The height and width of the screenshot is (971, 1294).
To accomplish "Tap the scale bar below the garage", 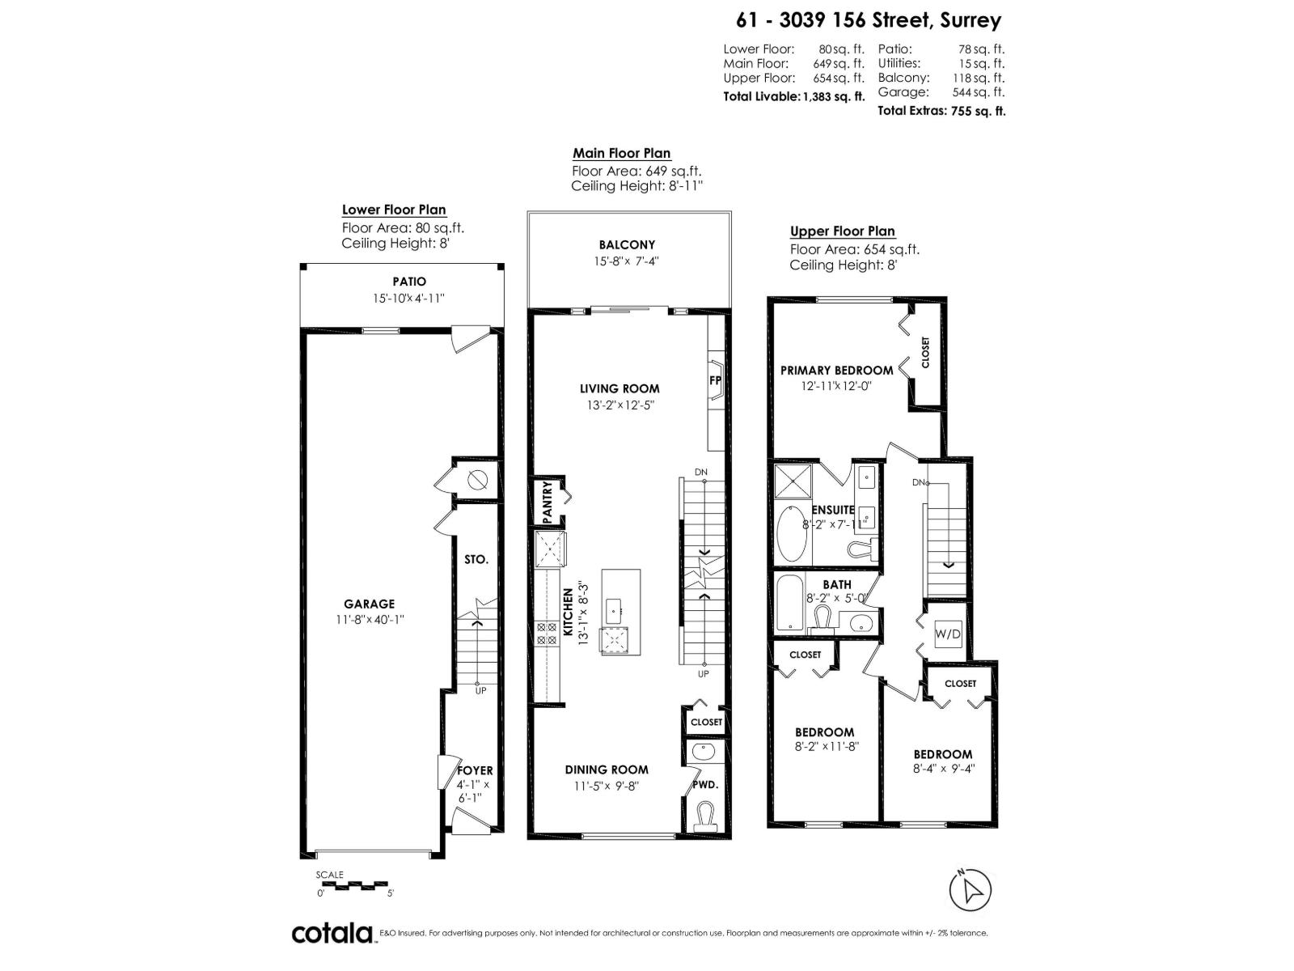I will point(354,885).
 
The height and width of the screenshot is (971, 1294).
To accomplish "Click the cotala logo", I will point(332,933).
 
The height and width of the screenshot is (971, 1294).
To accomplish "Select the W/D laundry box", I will point(948,634).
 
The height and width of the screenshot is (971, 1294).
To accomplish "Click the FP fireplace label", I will point(716,380).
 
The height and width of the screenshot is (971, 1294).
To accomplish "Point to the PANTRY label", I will point(548,502).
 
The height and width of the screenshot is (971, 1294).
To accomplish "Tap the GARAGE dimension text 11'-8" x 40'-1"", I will point(370,619).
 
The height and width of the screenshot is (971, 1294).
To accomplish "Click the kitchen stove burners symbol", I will point(547,633).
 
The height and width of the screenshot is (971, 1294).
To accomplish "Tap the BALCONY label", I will point(627,244).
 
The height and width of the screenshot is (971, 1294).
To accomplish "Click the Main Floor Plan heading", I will point(621,153).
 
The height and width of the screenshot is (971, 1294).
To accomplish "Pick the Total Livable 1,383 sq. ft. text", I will point(793,95).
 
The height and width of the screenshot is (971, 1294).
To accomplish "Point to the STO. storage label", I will point(476,559).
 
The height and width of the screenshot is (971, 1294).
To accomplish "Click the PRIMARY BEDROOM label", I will point(836,370).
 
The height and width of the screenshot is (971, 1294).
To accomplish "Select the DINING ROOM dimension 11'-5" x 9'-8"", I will point(607,785).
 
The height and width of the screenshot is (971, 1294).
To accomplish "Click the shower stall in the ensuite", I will point(792,481).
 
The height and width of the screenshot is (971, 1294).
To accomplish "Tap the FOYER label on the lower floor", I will point(475,770).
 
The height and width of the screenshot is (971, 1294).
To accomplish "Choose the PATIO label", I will point(409,282).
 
